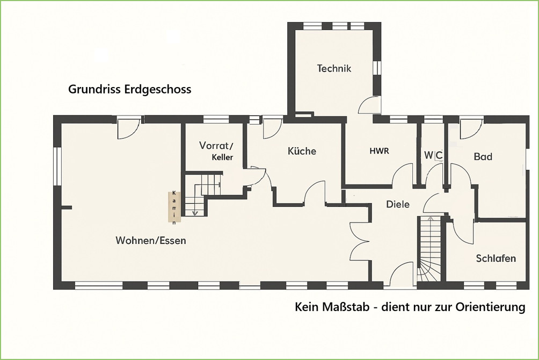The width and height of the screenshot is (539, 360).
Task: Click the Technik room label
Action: tap(334, 68)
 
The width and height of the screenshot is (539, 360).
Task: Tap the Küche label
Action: tap(302, 151)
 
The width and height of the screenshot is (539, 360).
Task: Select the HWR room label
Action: tap(379, 151)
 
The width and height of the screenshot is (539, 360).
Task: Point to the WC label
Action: tap(433, 156)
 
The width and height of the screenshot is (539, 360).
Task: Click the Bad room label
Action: tap(483, 156)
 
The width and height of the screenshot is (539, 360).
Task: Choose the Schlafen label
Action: tap(496, 258)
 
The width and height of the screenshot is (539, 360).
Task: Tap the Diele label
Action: tap(398, 204)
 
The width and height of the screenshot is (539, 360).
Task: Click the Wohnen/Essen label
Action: tap(151, 240)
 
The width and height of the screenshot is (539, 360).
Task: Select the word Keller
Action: tap(222, 157)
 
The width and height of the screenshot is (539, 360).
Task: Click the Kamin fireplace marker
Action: tap(174, 207)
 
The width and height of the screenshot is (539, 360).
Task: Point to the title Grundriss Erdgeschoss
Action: tap(129, 89)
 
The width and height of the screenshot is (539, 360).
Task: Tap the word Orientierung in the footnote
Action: tap(490, 307)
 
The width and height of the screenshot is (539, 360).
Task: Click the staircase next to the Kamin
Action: tap(201, 195)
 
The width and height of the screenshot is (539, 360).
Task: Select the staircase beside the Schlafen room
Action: tap(429, 248)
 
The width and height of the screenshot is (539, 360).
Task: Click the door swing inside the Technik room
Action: tap(368, 105)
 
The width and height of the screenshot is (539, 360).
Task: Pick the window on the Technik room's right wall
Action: tap(377, 68)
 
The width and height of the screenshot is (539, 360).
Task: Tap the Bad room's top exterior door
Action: tap(471, 129)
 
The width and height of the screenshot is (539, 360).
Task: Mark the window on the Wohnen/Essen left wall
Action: tap(57, 167)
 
